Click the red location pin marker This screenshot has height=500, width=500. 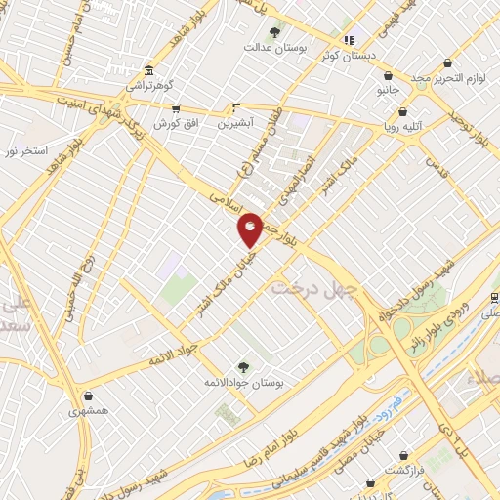click(x=251, y=229)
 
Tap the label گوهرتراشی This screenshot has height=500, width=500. click(x=147, y=86)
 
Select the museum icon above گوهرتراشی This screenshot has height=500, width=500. click(x=147, y=71)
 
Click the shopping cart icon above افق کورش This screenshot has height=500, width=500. click(x=176, y=109)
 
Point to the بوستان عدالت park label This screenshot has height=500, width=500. click(x=270, y=47)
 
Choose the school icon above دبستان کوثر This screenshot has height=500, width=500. click(x=349, y=40)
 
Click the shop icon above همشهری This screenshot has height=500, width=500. click(x=90, y=396)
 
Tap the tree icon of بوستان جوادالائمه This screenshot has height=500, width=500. click(x=243, y=366)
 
